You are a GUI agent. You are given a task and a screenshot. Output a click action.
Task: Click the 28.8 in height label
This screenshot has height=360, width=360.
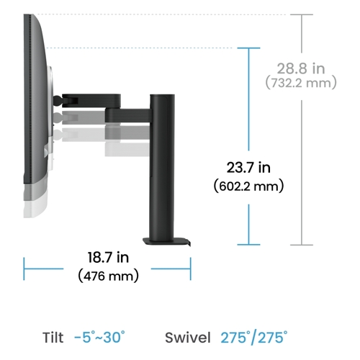(301, 68)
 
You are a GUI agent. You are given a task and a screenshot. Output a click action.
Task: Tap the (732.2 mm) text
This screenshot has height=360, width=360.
(301, 83)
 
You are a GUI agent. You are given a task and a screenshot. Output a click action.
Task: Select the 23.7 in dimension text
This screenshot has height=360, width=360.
(248, 168)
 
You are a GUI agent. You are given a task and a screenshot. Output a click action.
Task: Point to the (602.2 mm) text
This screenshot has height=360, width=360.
(248, 186)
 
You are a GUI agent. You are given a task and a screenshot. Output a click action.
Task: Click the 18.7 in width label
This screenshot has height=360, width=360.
(108, 257)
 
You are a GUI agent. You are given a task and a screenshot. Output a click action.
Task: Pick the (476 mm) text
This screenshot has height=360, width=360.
(108, 276)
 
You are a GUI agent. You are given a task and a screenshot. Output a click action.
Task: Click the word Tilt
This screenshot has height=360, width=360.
(53, 338)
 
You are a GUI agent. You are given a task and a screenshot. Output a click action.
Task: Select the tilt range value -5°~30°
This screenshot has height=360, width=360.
(99, 337)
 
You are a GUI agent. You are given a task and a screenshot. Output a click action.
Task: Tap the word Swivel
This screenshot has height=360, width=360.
(188, 338)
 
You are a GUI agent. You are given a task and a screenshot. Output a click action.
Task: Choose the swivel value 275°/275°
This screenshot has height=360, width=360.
(254, 338)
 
